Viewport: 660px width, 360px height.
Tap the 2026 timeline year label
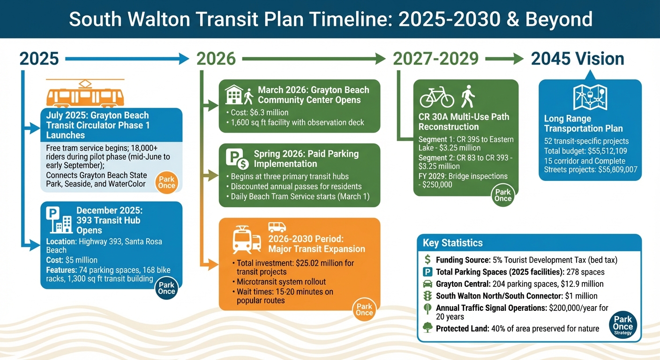(216, 59)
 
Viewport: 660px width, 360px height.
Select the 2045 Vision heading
(577, 59)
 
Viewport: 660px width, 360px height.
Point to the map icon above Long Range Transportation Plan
(590, 97)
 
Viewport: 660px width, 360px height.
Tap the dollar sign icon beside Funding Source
(427, 260)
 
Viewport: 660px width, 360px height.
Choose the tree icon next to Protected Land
(427, 328)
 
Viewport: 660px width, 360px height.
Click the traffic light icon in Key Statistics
(427, 296)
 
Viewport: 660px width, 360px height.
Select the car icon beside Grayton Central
(427, 284)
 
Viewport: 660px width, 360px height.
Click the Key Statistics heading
(452, 243)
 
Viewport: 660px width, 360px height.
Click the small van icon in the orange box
(277, 227)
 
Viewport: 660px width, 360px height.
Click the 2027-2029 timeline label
(435, 59)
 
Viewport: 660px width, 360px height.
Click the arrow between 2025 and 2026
(127, 59)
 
